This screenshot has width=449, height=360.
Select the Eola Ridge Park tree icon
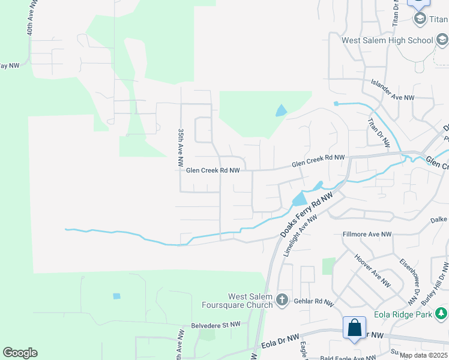[x=441, y=314]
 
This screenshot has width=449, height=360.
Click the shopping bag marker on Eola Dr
[x=354, y=328]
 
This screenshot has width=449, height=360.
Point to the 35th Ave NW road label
[x=179, y=147]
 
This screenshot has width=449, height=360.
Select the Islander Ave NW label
[x=393, y=97]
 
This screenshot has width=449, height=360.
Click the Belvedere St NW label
[x=215, y=325]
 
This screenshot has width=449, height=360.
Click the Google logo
[x=20, y=353]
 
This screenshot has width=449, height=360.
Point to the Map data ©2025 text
[x=423, y=355]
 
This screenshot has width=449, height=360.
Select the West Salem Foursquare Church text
[x=250, y=301]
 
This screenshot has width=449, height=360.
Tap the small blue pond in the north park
[x=280, y=110]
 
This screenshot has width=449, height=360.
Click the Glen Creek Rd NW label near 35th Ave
[x=213, y=170]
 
